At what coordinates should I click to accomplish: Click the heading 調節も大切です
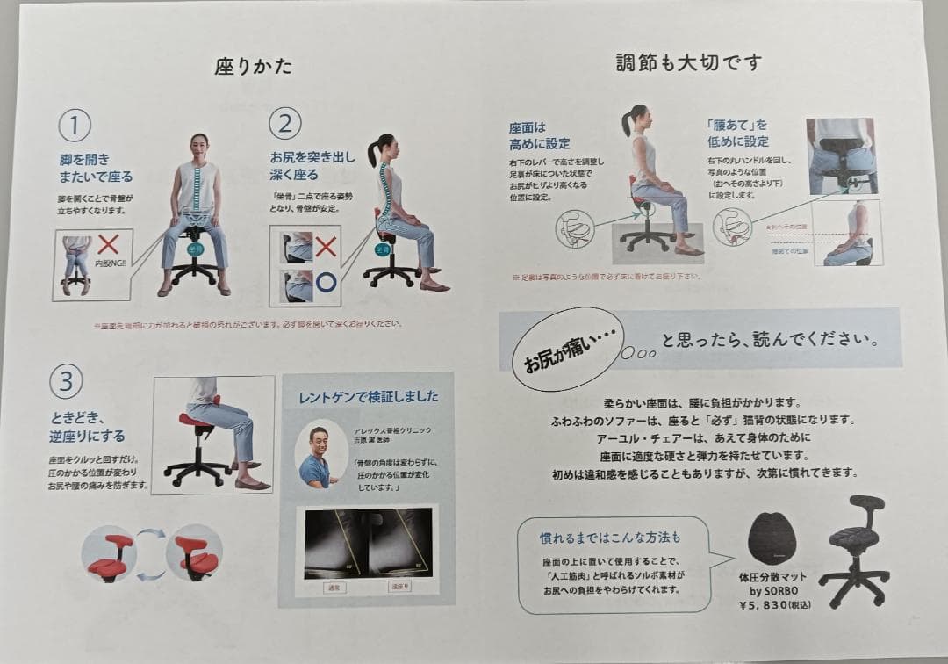tap(688, 62)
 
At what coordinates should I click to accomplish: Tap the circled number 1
tap(75, 126)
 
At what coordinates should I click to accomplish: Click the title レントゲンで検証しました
tap(368, 396)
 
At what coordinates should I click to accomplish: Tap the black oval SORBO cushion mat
tap(772, 538)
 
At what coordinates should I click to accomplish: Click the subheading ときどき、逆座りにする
tap(88, 427)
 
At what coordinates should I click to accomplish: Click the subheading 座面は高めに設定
tap(539, 135)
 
